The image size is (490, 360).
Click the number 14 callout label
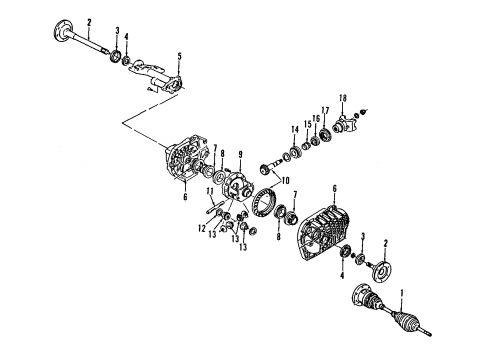[x=295, y=130]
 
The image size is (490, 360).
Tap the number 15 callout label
[x=308, y=124]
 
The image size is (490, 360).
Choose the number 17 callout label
[x=325, y=109]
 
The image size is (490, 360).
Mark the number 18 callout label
[x=342, y=97]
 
